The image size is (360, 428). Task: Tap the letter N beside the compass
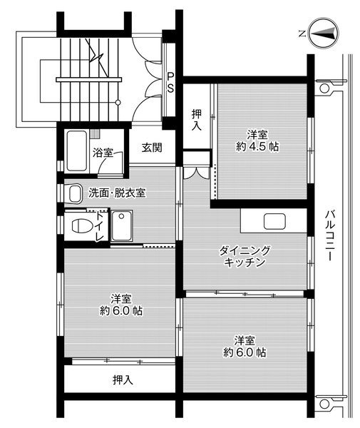click(302, 33)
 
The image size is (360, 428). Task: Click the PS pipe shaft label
click(171, 82)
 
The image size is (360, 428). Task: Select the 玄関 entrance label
click(151, 148)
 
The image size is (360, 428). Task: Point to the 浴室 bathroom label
click(103, 152)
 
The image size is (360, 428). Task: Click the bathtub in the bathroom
click(77, 151)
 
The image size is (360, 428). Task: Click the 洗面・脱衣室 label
click(117, 193)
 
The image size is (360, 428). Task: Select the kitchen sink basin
click(274, 221)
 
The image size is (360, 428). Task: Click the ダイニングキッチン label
click(245, 256)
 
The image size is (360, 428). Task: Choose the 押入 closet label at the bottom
click(123, 379)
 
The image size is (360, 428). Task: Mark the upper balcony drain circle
click(325, 89)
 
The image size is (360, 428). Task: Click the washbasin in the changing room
click(73, 193)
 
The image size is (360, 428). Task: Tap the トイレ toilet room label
click(101, 227)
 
